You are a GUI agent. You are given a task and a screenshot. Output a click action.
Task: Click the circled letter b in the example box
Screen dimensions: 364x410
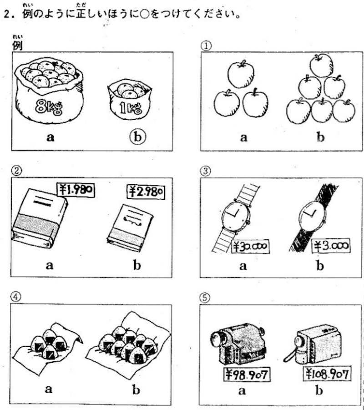point(137,137)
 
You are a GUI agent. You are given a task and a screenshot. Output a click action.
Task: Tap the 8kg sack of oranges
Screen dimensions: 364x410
point(49,90)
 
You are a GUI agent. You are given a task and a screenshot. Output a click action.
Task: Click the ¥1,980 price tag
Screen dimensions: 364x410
point(76,190)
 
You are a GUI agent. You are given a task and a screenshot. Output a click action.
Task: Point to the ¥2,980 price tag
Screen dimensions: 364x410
point(146,192)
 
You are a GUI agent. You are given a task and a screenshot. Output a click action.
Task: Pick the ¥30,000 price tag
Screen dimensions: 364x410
point(250,246)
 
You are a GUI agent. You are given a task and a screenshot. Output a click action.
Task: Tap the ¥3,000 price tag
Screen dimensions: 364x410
point(331,246)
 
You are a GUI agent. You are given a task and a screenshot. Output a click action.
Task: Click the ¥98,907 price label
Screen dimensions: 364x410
point(247,375)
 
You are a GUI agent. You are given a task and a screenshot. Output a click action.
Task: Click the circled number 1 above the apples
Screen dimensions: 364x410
point(206,46)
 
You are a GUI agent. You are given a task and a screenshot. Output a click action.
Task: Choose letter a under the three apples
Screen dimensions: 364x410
point(243,137)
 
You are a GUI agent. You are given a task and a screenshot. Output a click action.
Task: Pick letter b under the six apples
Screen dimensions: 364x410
point(321,137)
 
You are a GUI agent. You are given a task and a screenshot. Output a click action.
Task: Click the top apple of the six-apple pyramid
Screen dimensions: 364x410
point(321,66)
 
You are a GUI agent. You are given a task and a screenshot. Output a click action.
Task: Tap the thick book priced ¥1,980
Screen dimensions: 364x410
point(39,218)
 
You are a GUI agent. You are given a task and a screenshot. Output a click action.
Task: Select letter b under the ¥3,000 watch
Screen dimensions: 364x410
point(320,266)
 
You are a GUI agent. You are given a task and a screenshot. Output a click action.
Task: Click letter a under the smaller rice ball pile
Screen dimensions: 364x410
point(48,390)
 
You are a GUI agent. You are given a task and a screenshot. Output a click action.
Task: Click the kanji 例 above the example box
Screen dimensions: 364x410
point(17,46)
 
